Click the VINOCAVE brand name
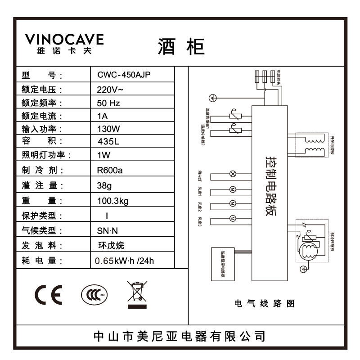coord(64,40)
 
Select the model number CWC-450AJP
coord(124,75)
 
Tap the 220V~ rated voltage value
coord(110,89)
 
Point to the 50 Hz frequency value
coord(108,103)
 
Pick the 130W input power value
coord(108,129)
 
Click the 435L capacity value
coord(108,142)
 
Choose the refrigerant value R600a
coord(110,171)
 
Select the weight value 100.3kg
coord(112,201)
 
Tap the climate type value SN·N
coord(107,231)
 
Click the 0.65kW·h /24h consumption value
coord(127,261)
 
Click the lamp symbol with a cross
coord(233,174)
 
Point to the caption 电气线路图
coord(265,304)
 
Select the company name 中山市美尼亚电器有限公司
coord(179,336)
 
